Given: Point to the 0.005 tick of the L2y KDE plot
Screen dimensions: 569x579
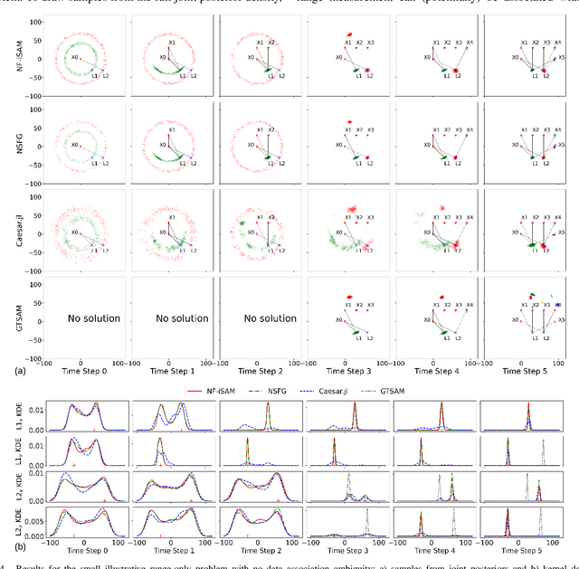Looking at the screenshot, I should [31, 523].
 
